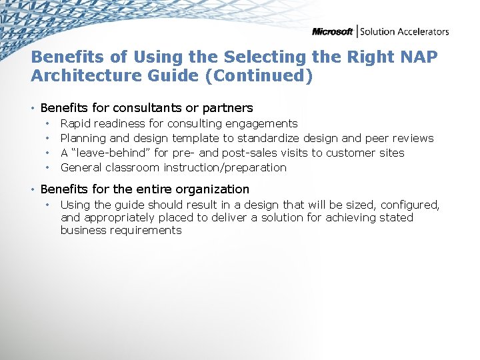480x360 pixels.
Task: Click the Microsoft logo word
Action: point(333,31)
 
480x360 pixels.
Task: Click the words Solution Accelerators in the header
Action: point(405,31)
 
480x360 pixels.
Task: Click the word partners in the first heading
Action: point(229,108)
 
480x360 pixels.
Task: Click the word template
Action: point(196,138)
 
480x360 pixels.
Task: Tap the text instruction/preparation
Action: point(225,167)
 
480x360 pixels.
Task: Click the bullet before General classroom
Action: point(48,167)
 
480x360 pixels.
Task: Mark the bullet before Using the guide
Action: point(48,205)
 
